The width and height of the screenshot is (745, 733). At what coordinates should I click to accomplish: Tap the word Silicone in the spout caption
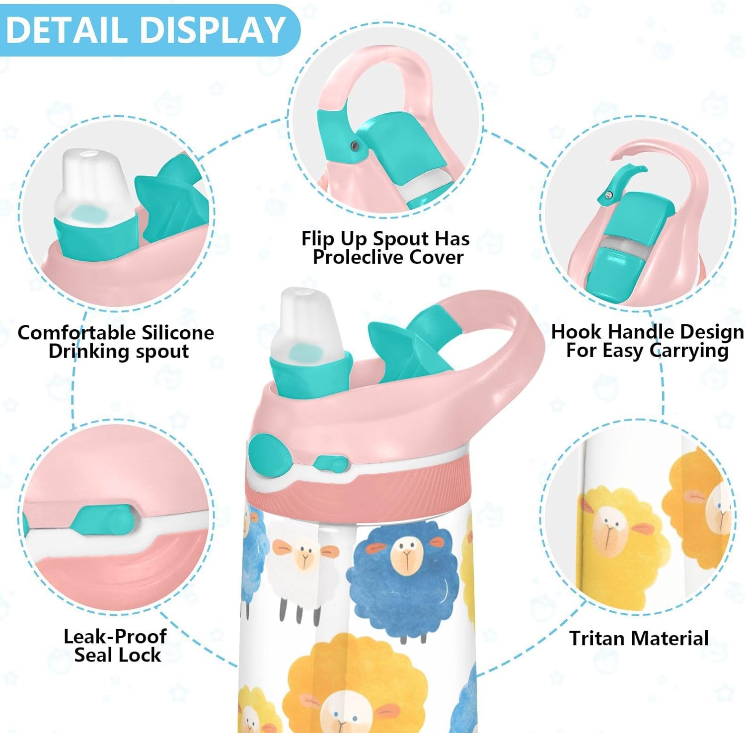[x=177, y=332]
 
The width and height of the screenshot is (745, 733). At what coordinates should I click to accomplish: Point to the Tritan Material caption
[x=639, y=638]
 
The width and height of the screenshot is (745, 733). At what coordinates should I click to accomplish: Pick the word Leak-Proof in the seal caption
[x=115, y=636]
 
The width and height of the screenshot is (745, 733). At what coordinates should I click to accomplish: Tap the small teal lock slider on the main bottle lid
[x=330, y=464]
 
